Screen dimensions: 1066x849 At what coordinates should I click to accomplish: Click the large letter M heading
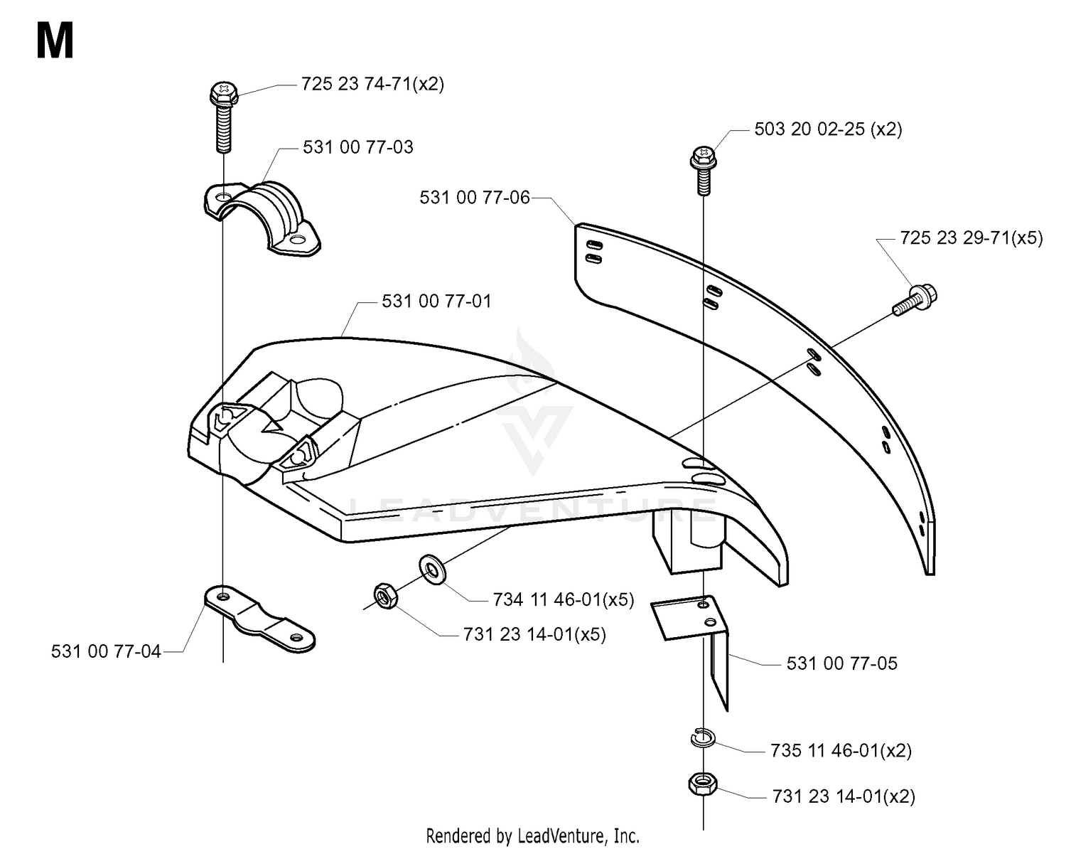click(55, 41)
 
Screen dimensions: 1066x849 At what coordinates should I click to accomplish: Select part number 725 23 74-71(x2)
click(372, 84)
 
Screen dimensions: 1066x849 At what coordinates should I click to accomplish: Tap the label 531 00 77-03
click(357, 147)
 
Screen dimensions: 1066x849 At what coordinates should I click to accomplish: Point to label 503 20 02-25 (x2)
click(828, 129)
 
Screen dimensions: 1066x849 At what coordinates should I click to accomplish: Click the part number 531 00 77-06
click(475, 198)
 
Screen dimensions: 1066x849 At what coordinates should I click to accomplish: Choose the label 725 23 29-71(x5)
click(971, 238)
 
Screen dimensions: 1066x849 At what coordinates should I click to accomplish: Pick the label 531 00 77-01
click(436, 301)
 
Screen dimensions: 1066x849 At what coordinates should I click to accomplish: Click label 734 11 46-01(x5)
click(564, 599)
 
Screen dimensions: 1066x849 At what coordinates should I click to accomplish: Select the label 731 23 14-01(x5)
click(534, 634)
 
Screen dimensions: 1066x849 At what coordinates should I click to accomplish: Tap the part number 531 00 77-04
click(106, 651)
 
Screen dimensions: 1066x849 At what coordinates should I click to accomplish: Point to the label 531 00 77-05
click(841, 663)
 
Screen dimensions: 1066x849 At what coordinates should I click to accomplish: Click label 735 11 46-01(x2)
click(841, 750)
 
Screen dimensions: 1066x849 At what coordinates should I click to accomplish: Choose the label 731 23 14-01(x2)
click(844, 796)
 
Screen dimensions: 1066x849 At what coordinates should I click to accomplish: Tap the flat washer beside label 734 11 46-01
click(433, 570)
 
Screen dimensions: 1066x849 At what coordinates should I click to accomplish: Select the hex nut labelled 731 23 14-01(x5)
click(385, 596)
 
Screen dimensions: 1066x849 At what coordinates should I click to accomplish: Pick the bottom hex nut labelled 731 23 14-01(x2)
click(703, 784)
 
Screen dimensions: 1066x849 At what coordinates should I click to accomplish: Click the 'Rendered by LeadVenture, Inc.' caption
click(532, 836)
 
